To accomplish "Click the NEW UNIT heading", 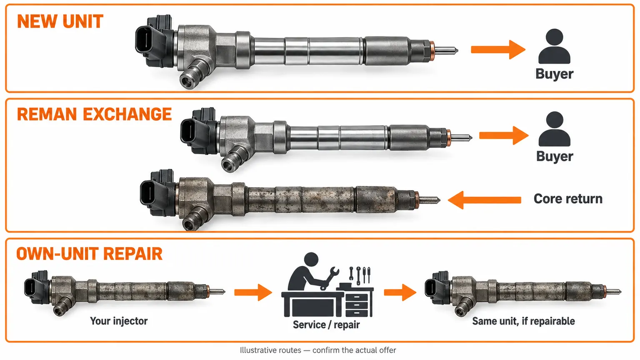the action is click(60, 21).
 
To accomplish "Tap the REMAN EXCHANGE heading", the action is click(94, 114).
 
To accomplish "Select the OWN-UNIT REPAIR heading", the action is click(90, 253).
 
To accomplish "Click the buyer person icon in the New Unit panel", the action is click(554, 46).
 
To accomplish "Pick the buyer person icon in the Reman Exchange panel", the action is click(555, 129).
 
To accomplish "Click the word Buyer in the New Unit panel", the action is click(554, 74).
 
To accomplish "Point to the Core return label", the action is click(568, 199).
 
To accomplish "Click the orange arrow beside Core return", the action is click(485, 200).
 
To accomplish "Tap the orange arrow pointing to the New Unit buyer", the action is click(498, 50).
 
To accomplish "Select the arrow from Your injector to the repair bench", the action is click(253, 292).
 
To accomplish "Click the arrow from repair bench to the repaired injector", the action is click(400, 292).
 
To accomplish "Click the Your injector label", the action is click(119, 321).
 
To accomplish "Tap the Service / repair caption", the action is click(326, 325).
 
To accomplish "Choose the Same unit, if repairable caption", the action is click(523, 321).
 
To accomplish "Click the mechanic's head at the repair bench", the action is click(311, 260).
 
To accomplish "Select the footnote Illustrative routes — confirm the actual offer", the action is click(318, 350).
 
